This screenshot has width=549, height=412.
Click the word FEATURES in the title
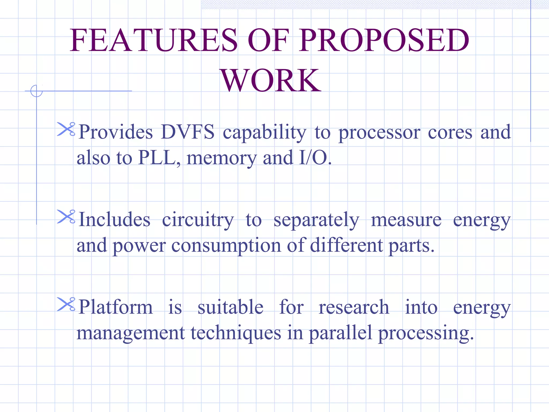pyautogui.click(x=154, y=40)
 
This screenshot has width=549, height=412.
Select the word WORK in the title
pyautogui.click(x=271, y=80)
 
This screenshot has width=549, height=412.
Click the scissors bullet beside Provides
pyautogui.click(x=66, y=129)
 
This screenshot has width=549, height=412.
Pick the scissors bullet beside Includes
pyautogui.click(x=66, y=217)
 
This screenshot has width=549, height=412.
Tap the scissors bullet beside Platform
pyautogui.click(x=66, y=304)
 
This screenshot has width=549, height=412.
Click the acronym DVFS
pyautogui.click(x=188, y=132)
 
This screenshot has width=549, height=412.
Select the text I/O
pyautogui.click(x=315, y=158)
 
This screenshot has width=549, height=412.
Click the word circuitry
pyautogui.click(x=198, y=220)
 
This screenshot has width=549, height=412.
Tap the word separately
pyautogui.click(x=316, y=220)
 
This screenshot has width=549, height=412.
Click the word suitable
pyautogui.click(x=231, y=307)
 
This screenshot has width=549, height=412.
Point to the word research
pyautogui.click(x=354, y=307)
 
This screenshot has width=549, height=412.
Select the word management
pyautogui.click(x=131, y=333)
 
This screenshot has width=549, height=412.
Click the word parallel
pyautogui.click(x=340, y=333)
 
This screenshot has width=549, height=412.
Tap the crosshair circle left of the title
pyautogui.click(x=36, y=91)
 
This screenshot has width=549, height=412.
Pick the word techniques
pyautogui.click(x=236, y=333)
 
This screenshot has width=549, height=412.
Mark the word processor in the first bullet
pyautogui.click(x=379, y=133)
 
